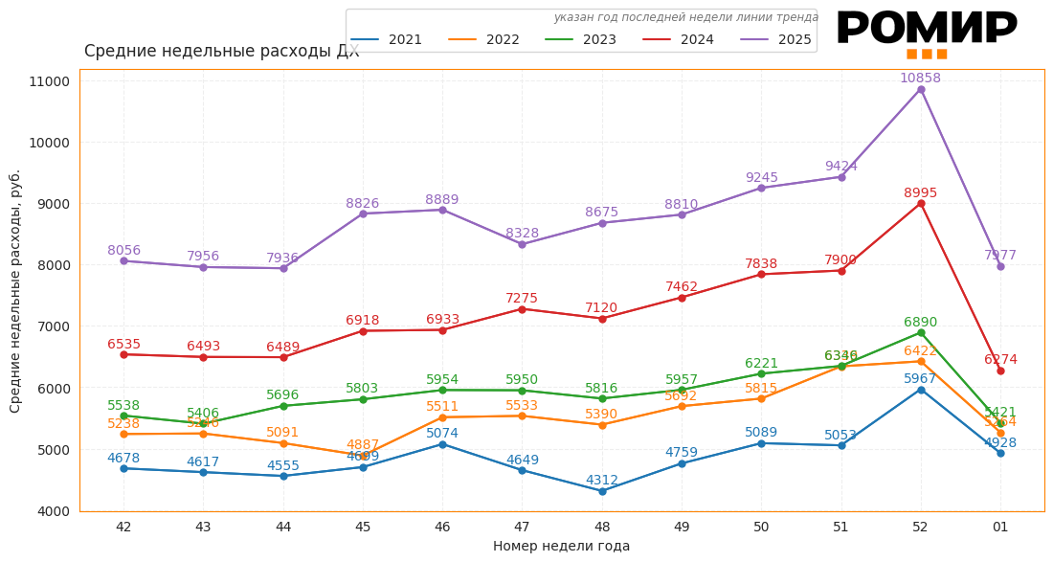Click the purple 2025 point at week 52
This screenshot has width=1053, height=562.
tap(921, 89)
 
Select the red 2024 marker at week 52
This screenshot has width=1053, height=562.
tap(921, 203)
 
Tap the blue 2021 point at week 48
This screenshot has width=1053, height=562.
tap(602, 491)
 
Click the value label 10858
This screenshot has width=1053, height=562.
tap(920, 79)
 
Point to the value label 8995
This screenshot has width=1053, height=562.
tap(920, 192)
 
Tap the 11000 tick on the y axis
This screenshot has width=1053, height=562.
tap(50, 81)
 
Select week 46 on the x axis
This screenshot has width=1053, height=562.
tap(442, 527)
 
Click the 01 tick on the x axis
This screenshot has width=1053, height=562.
tap(1000, 527)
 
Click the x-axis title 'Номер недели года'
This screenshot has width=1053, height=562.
tap(561, 547)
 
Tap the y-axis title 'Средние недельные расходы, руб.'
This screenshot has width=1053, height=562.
tap(15, 291)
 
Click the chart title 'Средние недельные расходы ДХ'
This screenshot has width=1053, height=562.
tap(222, 52)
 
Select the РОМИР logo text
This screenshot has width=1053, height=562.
tap(926, 29)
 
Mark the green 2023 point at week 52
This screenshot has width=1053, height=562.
tap(921, 332)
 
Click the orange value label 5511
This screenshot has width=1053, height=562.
tap(442, 407)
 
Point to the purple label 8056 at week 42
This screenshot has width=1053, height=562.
tap(123, 251)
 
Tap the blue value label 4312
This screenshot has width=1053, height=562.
tap(602, 481)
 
